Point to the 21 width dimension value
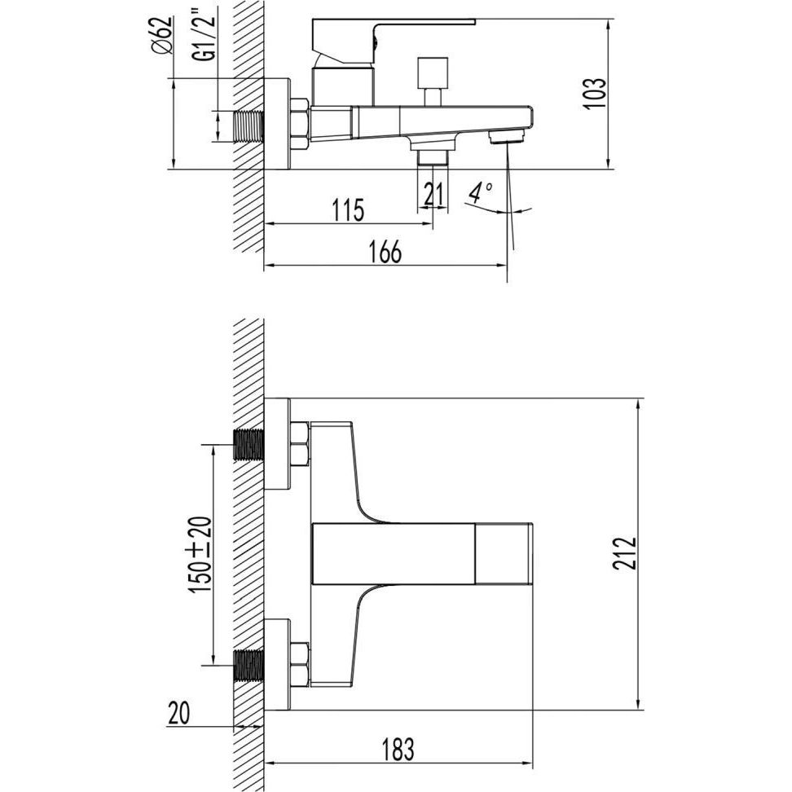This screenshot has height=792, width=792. (x=433, y=194)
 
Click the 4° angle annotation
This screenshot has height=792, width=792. (x=480, y=191)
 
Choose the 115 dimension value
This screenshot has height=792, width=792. (x=348, y=210)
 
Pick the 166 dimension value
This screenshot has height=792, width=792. (x=385, y=252)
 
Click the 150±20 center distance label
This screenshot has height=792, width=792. (x=201, y=555)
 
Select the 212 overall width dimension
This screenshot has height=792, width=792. (x=625, y=553)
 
